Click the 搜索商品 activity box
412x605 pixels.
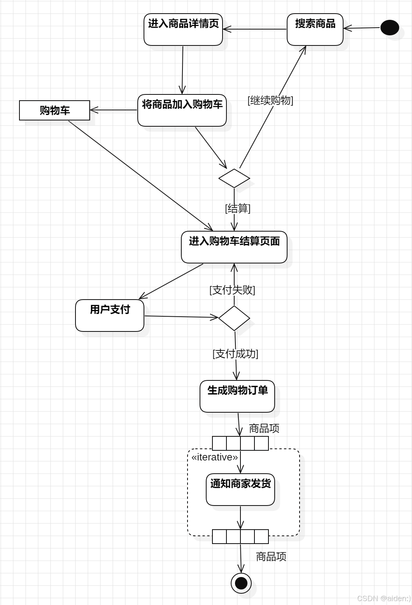point(315,30)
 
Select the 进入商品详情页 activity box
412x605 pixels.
point(183,30)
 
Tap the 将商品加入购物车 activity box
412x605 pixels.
point(182,110)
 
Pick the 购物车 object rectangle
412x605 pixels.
point(54,110)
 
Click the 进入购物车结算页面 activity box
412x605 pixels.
point(234,247)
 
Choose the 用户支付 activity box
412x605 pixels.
point(110,316)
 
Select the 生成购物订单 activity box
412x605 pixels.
point(237,396)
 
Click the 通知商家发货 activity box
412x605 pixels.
point(240,490)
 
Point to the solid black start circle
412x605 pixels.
point(389,28)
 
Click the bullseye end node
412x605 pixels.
point(241,583)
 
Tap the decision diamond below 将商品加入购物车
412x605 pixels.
point(234,178)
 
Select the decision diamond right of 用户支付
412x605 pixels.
point(234,318)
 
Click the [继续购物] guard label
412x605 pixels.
point(270,100)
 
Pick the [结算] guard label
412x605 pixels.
point(238,209)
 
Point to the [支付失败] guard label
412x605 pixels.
point(232,290)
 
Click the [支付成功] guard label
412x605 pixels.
point(235,354)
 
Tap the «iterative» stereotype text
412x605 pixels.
point(214,457)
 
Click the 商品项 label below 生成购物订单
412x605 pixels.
point(264,429)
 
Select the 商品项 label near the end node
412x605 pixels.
point(271,557)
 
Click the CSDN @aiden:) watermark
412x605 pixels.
point(384,598)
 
